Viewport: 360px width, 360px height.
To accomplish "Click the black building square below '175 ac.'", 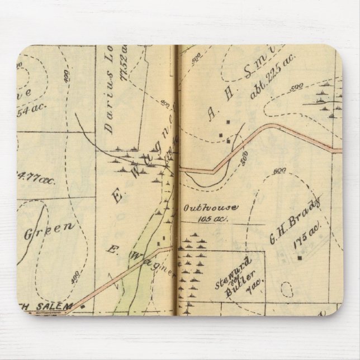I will (x=300, y=258).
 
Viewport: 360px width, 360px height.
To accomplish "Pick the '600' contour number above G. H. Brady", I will (x=281, y=170).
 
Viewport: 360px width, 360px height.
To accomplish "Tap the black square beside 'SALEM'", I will (x=83, y=306).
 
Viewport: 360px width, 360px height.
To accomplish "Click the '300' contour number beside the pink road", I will (x=244, y=158).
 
